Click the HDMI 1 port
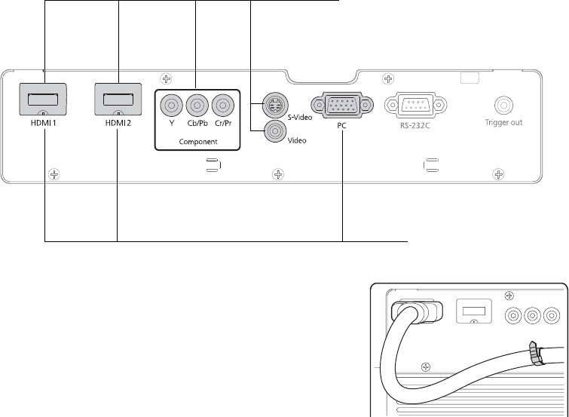44,98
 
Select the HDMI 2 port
118,98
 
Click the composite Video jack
273,133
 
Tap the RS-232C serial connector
412,105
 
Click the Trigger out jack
503,105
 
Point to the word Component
197,142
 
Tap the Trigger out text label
503,122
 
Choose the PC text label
341,127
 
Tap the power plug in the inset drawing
410,312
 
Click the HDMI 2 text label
118,122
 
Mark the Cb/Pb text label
198,123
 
